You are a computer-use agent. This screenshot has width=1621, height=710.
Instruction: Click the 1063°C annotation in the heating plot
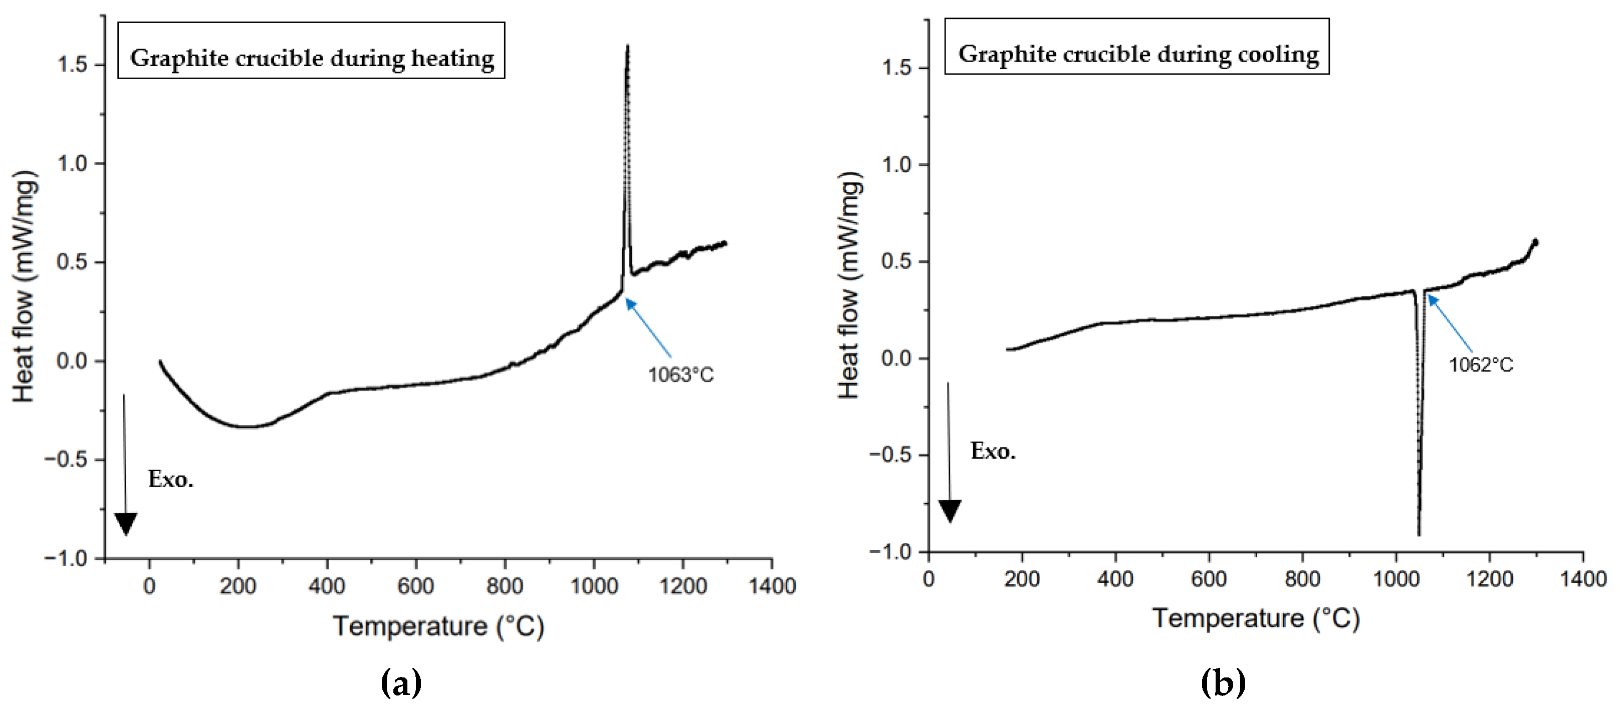681,376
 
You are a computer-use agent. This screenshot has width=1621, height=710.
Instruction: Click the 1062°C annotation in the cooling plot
1481,365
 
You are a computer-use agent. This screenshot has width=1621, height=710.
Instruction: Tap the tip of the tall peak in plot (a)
627,47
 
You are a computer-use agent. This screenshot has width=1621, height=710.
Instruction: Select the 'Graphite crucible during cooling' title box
1137,47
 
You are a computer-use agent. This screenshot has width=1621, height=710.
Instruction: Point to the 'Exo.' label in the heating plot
170,480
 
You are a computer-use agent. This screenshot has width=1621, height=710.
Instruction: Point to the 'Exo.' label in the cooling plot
993,452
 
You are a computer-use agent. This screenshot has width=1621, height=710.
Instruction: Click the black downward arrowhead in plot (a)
126,523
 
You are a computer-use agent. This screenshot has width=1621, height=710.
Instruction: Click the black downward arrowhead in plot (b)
950,510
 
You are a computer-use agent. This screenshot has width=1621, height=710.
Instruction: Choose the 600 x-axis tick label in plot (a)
415,586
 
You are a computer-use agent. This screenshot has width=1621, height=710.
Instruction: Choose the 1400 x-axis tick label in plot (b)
1582,579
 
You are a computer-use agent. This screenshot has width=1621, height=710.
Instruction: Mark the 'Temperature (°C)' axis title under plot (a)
438,626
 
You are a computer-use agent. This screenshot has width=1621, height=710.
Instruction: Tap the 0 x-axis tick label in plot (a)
149,586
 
